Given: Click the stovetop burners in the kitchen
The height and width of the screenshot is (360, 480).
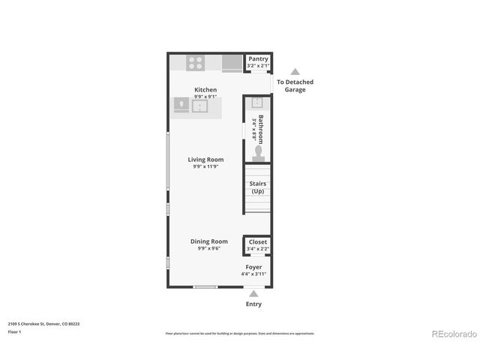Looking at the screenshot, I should pos(196,63).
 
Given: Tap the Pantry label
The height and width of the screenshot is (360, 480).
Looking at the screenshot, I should pos(258,58).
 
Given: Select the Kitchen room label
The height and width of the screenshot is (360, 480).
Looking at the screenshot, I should pos(205,90).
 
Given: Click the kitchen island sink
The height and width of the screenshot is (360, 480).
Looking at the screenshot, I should pos(201,106).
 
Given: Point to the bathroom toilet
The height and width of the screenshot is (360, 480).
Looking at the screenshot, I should pos(259,152).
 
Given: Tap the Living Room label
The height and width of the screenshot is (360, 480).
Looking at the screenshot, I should pos(205,159).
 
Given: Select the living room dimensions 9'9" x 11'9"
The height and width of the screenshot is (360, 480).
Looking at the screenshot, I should pos(205,166).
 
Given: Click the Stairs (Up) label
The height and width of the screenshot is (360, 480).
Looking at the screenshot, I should pos(257,187).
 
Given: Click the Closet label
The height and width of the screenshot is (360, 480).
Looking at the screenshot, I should pos(257,242).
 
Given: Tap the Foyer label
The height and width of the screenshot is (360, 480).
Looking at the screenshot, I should pos(254,267).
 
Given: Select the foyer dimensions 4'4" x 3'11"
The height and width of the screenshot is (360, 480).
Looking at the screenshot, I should pos(254,274).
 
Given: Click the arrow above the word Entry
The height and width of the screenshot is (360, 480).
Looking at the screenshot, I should pos(254,293).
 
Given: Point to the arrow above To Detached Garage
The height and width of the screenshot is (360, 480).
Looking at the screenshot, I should pos(295,72).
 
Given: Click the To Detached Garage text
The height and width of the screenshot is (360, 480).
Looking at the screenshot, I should pos(295,85).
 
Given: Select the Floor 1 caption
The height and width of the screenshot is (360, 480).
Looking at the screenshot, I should pos(15,331).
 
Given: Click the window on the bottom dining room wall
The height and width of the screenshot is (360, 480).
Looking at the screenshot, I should pos(205,286).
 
